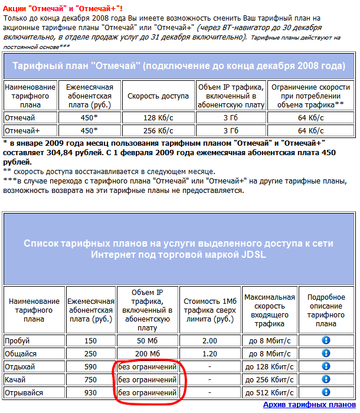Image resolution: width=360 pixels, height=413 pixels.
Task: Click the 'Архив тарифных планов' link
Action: (x=309, y=405)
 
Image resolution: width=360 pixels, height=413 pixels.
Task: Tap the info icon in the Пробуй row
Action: (x=325, y=340)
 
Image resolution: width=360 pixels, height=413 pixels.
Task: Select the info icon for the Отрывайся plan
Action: (x=325, y=392)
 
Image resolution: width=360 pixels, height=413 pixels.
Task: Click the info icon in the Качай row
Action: (x=325, y=379)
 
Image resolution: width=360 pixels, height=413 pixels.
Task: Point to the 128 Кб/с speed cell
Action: (x=158, y=117)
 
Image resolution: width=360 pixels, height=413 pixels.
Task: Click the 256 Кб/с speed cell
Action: (x=158, y=130)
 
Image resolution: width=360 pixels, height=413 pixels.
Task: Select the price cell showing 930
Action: (x=90, y=392)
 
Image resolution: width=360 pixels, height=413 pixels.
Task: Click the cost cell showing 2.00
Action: (x=210, y=340)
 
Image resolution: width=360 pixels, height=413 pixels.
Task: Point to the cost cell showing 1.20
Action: (x=210, y=353)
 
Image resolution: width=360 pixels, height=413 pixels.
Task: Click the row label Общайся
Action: (x=21, y=353)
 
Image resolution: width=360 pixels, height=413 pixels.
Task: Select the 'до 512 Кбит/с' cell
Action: (x=269, y=392)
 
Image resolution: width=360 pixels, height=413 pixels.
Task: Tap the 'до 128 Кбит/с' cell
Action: (x=269, y=366)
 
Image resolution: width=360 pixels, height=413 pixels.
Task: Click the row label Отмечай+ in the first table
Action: (x=22, y=130)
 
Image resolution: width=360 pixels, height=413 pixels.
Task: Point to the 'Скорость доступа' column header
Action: (x=158, y=96)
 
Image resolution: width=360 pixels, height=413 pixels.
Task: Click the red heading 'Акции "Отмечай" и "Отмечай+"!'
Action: (x=63, y=8)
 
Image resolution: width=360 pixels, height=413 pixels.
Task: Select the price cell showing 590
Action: (x=90, y=366)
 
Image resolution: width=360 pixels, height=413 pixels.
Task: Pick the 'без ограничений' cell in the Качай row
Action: (x=148, y=379)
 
